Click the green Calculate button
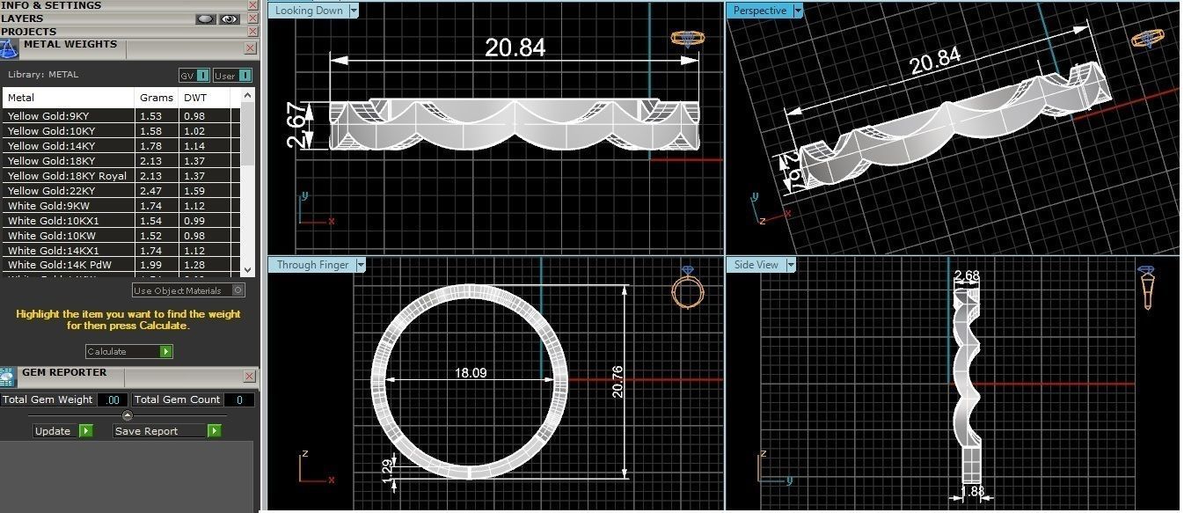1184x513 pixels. click(x=165, y=351)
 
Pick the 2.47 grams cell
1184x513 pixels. click(x=150, y=191)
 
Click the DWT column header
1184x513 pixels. click(x=194, y=98)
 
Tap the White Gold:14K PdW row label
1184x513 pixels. click(x=60, y=265)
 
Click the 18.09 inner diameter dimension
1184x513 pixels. click(x=471, y=373)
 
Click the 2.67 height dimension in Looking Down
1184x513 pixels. click(x=298, y=125)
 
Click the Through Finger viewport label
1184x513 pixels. click(x=312, y=265)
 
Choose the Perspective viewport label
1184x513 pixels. click(x=759, y=11)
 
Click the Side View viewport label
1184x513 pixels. click(x=756, y=265)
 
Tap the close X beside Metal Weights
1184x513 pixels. click(x=250, y=48)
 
